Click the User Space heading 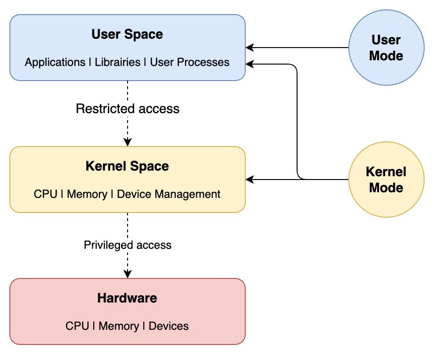coord(127,34)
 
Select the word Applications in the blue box coord(55,62)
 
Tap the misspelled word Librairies coord(118,62)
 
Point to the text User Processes coord(190,62)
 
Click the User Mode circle coord(386,48)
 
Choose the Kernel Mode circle coord(386,180)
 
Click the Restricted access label coord(128,108)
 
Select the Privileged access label coord(128,245)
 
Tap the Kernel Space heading coord(127,166)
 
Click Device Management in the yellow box coord(169,194)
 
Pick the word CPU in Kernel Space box coord(46,194)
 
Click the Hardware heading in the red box coord(127,298)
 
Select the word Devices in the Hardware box coord(169,326)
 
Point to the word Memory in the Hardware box coord(119,326)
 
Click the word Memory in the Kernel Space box coord(87,194)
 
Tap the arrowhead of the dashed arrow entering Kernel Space coord(128,142)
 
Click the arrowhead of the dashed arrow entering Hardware coord(128,274)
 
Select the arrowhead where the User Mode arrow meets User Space coord(250,48)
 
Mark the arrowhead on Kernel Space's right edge coord(250,180)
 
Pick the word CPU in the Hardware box coord(77,326)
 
